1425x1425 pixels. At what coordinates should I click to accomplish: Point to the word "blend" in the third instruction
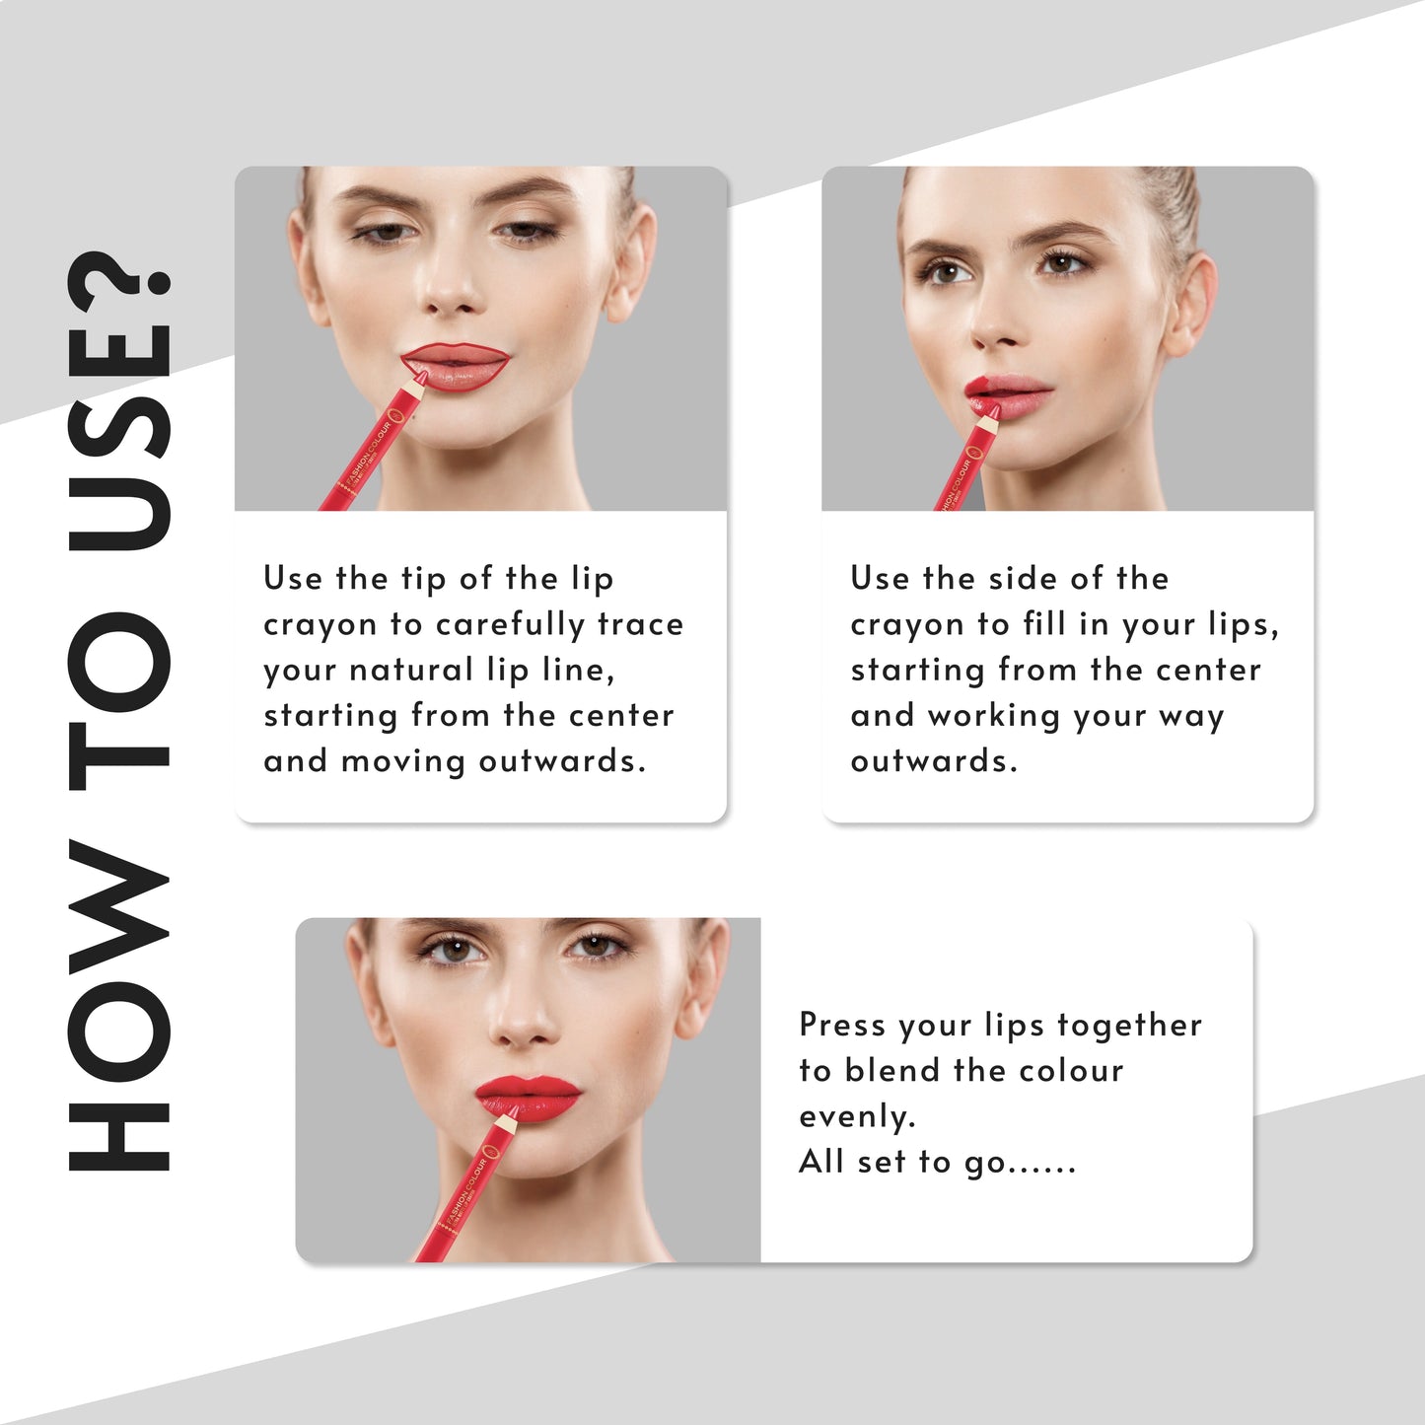click(x=891, y=1070)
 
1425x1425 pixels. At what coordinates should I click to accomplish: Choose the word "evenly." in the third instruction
click(x=857, y=1117)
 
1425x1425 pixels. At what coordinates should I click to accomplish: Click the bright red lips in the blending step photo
click(x=529, y=1098)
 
